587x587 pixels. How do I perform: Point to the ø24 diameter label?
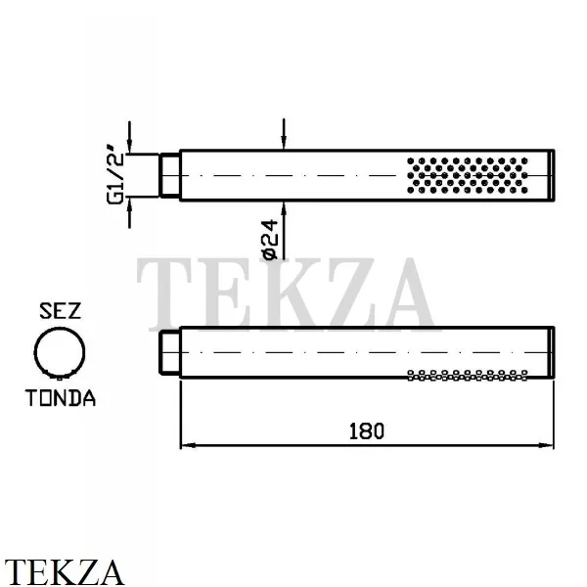click(x=270, y=240)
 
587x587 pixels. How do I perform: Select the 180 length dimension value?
click(x=367, y=431)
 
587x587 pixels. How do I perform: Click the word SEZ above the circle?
click(x=60, y=311)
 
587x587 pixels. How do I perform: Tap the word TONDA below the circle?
click(x=61, y=398)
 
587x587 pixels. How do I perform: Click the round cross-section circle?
click(x=35, y=352)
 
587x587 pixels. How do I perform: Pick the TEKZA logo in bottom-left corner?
click(x=64, y=572)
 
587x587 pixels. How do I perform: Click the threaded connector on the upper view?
click(x=169, y=175)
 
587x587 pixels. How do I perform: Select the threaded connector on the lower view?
click(x=169, y=352)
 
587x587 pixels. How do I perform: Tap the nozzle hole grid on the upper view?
click(x=468, y=175)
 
